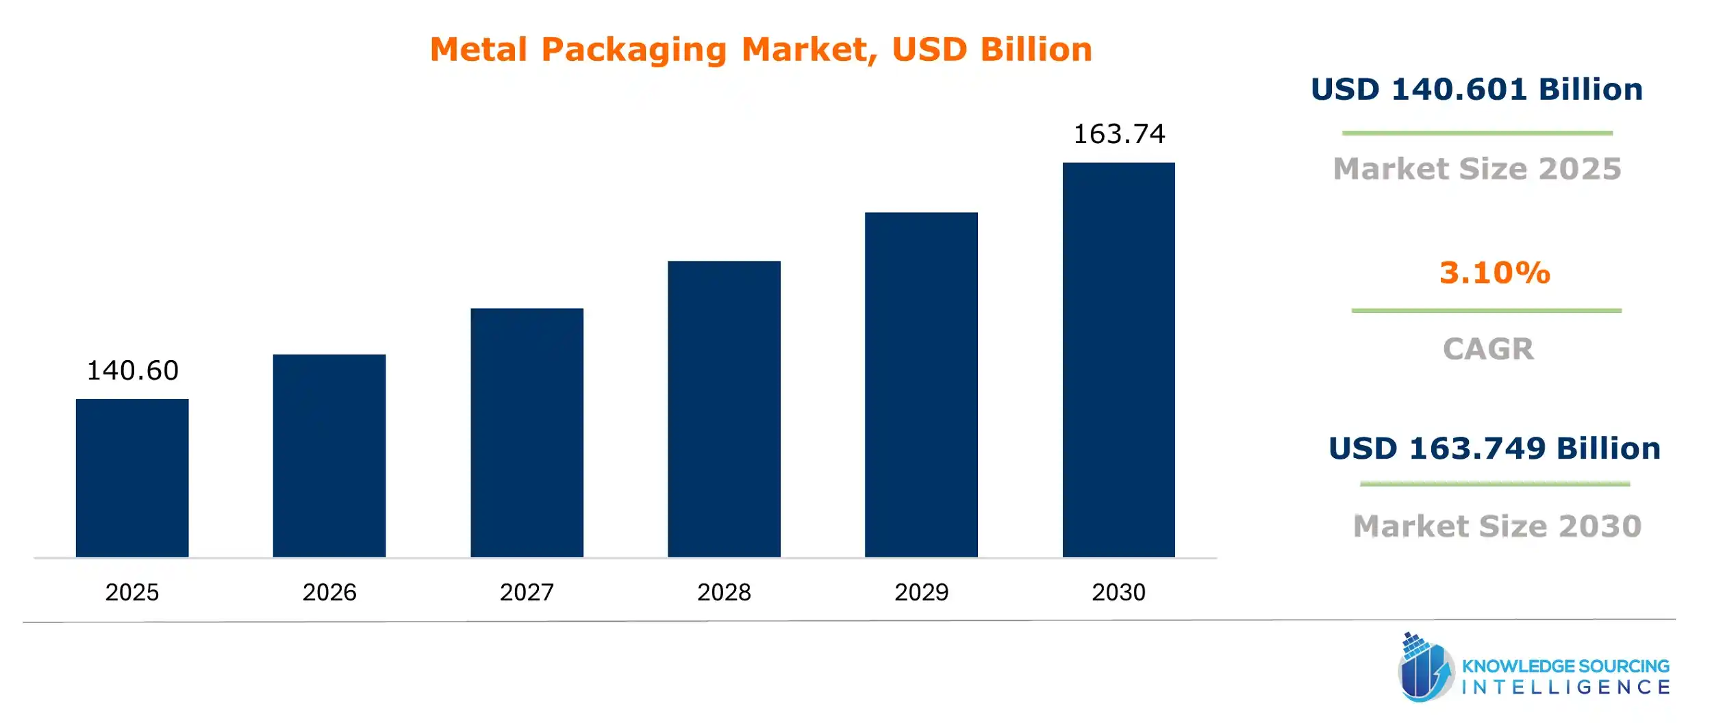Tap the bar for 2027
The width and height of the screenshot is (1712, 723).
pos(527,433)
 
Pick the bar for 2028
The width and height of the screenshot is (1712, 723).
pos(724,409)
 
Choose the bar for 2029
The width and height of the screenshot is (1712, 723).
pos(921,385)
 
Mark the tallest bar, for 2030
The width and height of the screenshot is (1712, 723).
pos(1118,359)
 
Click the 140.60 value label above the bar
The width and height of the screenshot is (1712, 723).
pos(132,371)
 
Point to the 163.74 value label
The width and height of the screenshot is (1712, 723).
pos(1118,134)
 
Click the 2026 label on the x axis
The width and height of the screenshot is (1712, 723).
pos(329,592)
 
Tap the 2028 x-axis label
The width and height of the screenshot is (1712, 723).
pos(724,592)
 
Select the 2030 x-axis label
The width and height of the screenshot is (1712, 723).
pos(1118,592)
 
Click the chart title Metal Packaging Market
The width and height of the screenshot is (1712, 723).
pos(760,49)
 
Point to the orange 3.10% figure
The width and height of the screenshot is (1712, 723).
pos(1494,272)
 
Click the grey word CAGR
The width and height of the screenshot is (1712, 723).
pos(1488,349)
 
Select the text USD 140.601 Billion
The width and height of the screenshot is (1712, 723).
pos(1476,90)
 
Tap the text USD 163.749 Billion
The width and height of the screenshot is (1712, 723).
pos(1494,448)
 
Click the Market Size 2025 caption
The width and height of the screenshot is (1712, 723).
pos(1477,169)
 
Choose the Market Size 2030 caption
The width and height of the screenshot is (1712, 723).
pos(1497,527)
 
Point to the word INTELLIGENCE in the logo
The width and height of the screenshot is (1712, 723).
pos(1565,687)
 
